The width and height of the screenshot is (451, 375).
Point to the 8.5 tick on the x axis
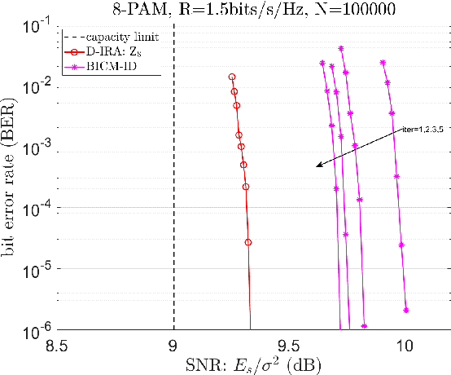(56, 346)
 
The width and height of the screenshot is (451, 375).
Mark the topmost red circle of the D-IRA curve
(232, 77)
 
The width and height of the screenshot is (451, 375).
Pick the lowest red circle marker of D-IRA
(248, 242)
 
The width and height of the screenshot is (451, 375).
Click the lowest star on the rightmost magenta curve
(405, 310)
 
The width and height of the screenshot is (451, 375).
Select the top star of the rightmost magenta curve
(383, 62)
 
